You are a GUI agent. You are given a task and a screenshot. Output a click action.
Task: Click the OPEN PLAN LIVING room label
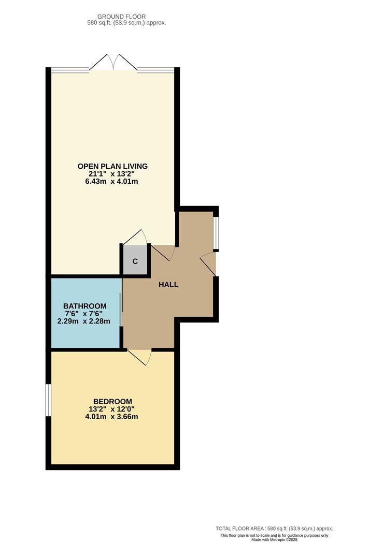112,166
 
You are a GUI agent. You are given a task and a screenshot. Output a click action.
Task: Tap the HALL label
168,284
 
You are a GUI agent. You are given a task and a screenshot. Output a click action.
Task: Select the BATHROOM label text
85,306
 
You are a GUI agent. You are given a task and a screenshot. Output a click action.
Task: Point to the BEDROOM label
112,401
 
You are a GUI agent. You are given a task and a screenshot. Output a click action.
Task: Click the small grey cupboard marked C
135,261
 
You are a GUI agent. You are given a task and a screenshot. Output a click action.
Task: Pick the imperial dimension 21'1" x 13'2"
112,174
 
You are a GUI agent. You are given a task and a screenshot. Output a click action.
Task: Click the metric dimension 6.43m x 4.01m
112,182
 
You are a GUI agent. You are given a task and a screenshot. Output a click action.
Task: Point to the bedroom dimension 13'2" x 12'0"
112,409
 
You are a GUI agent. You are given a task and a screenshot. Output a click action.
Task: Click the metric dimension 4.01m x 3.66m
112,417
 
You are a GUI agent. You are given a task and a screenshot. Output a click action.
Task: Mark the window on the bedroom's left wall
48,400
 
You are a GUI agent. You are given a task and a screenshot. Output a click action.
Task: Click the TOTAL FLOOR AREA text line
274,528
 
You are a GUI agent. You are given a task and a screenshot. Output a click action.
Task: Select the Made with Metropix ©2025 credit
274,539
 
